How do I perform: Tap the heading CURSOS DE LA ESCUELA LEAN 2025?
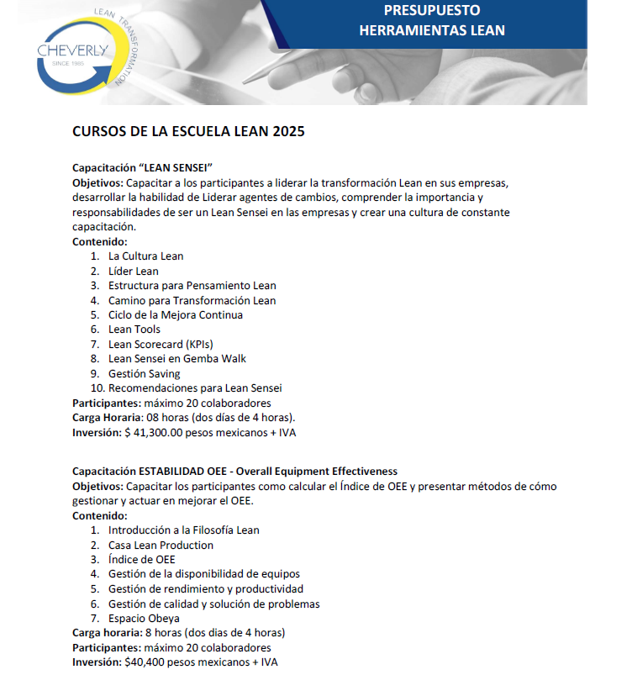point(188,132)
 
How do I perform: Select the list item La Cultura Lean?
point(145,256)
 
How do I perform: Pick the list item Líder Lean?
point(133,272)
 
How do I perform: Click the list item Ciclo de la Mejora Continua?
point(175,315)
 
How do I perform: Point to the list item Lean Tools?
point(134,330)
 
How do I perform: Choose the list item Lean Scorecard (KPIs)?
point(160,345)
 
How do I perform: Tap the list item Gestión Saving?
point(144,374)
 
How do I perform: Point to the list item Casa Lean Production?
point(161,546)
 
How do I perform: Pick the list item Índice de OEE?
point(141,560)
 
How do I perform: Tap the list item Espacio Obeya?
point(144,619)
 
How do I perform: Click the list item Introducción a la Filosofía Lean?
point(183,530)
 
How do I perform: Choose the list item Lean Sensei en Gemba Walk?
point(176,359)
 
